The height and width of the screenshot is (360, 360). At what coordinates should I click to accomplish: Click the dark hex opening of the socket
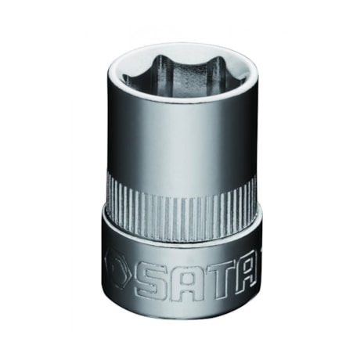point(181,74)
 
